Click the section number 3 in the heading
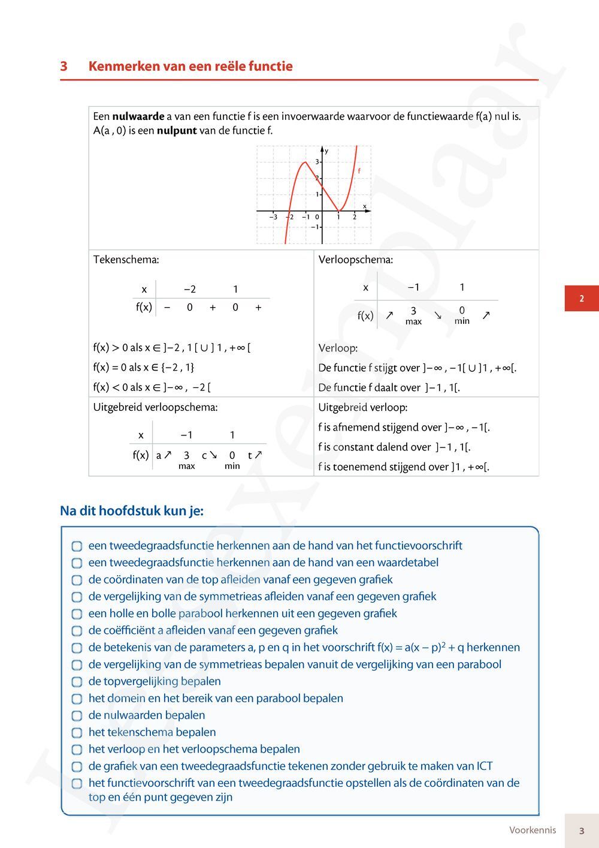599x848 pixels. (63, 67)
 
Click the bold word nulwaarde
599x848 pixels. (138, 116)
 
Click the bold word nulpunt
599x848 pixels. (177, 130)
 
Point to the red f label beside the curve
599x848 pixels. (359, 171)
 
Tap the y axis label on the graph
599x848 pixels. (326, 151)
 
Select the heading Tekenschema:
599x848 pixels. (126, 260)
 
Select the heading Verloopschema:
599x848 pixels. (356, 260)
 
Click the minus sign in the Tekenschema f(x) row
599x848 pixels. (167, 308)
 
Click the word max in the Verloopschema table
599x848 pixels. (413, 321)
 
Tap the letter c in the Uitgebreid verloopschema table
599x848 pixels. (204, 456)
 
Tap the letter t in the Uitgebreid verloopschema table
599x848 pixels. (250, 456)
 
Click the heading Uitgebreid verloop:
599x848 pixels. (363, 407)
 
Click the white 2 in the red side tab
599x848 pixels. (581, 299)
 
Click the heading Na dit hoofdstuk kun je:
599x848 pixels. (132, 511)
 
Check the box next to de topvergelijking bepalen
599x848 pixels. (77, 682)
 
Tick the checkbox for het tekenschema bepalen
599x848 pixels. (77, 733)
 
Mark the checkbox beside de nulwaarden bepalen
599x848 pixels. (77, 716)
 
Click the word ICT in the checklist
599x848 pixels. (485, 766)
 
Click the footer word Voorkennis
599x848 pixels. (533, 830)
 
